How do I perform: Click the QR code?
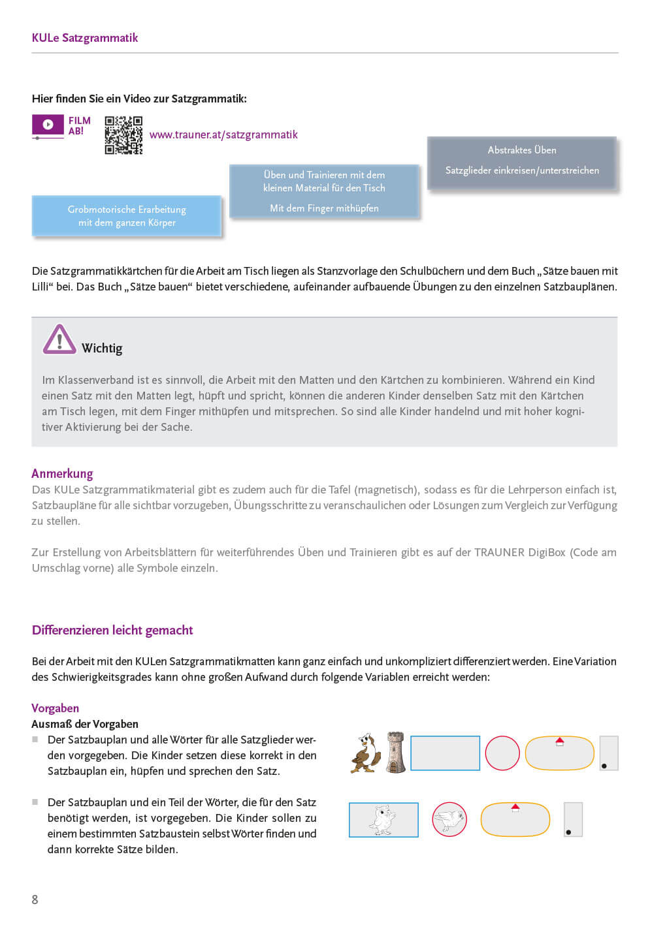tap(123, 135)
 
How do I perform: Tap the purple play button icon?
tap(48, 124)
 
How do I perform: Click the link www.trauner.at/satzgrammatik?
tap(223, 135)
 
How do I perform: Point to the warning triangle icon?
tap(59, 339)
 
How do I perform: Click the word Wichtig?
tap(102, 349)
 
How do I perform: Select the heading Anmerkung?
tap(62, 474)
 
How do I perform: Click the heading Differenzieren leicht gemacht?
tap(112, 631)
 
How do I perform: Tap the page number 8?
tap(35, 900)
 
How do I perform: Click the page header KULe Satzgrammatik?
tap(85, 38)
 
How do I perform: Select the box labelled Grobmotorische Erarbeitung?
tap(127, 216)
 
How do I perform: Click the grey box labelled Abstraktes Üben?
tap(522, 163)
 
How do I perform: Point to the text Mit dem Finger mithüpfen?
tap(324, 208)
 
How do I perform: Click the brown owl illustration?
tap(366, 753)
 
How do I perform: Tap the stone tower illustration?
tap(395, 753)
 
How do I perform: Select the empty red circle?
tap(502, 753)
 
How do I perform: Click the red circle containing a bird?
tap(449, 819)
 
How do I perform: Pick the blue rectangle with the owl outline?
tap(383, 820)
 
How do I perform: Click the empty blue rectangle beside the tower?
tap(445, 753)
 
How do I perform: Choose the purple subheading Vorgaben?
tap(56, 709)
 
